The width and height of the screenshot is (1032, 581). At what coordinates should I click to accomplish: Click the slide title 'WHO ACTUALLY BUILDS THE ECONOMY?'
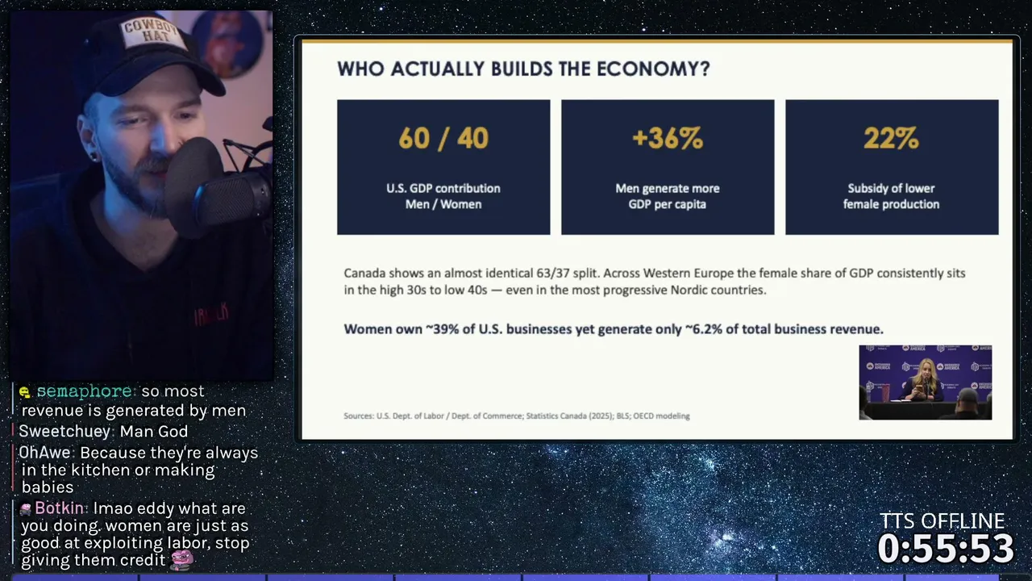tap(523, 69)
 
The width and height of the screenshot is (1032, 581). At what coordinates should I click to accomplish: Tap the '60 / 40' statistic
tap(443, 138)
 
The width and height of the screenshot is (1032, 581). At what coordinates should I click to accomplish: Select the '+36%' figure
tap(668, 138)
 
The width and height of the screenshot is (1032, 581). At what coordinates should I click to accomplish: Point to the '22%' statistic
tap(891, 138)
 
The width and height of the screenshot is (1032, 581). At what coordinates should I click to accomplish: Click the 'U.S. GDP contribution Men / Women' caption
tap(443, 196)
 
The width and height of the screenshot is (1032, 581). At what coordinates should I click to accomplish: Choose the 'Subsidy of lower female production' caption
tap(891, 196)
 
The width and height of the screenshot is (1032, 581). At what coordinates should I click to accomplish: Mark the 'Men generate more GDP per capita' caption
tap(668, 196)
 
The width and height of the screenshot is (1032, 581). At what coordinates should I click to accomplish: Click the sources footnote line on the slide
tap(517, 416)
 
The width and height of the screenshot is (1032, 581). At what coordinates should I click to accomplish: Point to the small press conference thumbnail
tap(925, 382)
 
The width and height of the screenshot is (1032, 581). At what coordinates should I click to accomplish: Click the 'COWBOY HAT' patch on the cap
tap(151, 32)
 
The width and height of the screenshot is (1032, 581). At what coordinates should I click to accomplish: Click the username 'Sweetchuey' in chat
tap(64, 432)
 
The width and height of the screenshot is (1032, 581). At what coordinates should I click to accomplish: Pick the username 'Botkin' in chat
tap(59, 508)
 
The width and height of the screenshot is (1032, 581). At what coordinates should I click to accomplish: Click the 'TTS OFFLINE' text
tap(942, 521)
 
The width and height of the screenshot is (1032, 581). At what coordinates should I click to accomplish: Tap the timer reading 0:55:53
tap(946, 548)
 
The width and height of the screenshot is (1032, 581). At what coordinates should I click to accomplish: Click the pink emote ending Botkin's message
tap(182, 560)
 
